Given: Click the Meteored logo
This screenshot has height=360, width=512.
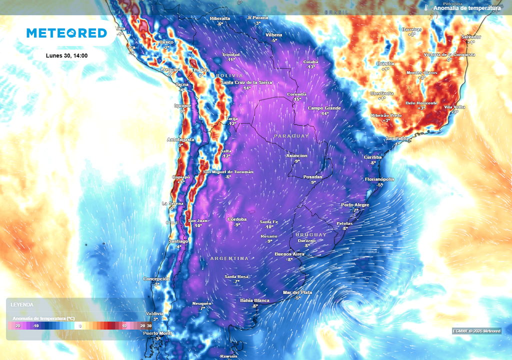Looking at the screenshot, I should (x=66, y=33).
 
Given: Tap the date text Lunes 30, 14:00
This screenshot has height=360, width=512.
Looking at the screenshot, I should (x=66, y=55).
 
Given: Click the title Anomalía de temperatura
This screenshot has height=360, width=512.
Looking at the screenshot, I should (x=466, y=8).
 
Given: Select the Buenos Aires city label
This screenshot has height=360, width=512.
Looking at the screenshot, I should (x=289, y=254).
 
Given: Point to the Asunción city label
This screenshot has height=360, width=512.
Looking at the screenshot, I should (x=296, y=155).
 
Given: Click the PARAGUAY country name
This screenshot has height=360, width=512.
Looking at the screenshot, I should (x=291, y=136).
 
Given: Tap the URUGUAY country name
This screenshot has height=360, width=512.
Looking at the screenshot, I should (x=310, y=234).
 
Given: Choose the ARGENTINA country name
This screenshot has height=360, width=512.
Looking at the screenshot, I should (x=229, y=258).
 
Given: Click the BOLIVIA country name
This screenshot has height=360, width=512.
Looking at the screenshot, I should (x=229, y=75).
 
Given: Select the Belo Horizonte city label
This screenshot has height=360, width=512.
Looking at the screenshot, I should (x=421, y=102).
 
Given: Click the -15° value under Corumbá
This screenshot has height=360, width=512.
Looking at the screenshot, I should (x=297, y=99).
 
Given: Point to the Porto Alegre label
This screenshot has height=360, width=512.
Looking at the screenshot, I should (x=355, y=205).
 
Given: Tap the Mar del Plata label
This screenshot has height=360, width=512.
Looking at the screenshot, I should (x=297, y=292).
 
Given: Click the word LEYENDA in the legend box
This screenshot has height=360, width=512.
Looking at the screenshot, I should (x=22, y=304).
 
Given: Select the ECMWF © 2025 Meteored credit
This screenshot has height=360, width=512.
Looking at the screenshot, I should (x=476, y=331).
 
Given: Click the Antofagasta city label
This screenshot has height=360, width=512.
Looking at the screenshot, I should (x=180, y=139).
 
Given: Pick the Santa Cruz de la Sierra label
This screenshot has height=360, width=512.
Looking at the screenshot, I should (x=246, y=82).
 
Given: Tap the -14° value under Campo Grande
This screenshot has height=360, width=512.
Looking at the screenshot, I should (x=324, y=113).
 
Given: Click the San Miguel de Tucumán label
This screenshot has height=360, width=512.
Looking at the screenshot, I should (x=228, y=171).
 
